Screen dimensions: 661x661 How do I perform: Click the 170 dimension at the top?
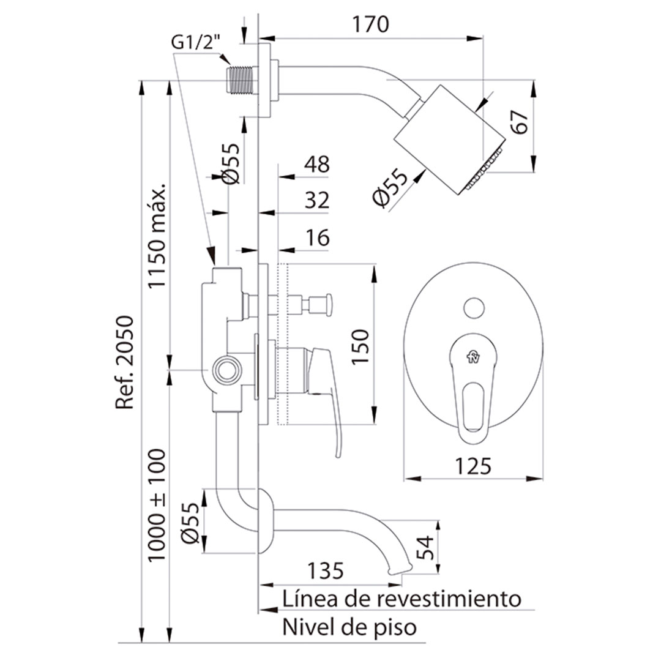(370, 24)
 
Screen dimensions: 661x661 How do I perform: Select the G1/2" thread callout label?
(196, 43)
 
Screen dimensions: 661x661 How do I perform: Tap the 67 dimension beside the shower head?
(520, 122)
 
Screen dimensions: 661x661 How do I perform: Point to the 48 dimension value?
(317, 164)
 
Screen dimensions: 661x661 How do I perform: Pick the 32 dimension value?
(317, 200)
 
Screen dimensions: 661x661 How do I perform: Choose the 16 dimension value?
(317, 238)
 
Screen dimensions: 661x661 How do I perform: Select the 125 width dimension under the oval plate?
(473, 466)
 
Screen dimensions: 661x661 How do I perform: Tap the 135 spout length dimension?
(326, 571)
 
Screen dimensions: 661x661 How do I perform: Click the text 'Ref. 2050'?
(125, 362)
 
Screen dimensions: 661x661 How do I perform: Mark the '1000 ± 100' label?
(157, 505)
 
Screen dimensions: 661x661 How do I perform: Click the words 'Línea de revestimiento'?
(401, 599)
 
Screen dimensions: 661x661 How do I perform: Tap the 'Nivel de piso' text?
(349, 627)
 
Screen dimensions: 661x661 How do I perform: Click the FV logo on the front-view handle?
(473, 357)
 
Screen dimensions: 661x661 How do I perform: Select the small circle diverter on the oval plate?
(474, 308)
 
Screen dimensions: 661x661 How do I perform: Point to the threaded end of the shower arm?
(240, 80)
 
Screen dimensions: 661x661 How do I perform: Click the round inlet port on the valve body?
(227, 370)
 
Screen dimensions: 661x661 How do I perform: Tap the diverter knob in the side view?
(321, 305)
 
